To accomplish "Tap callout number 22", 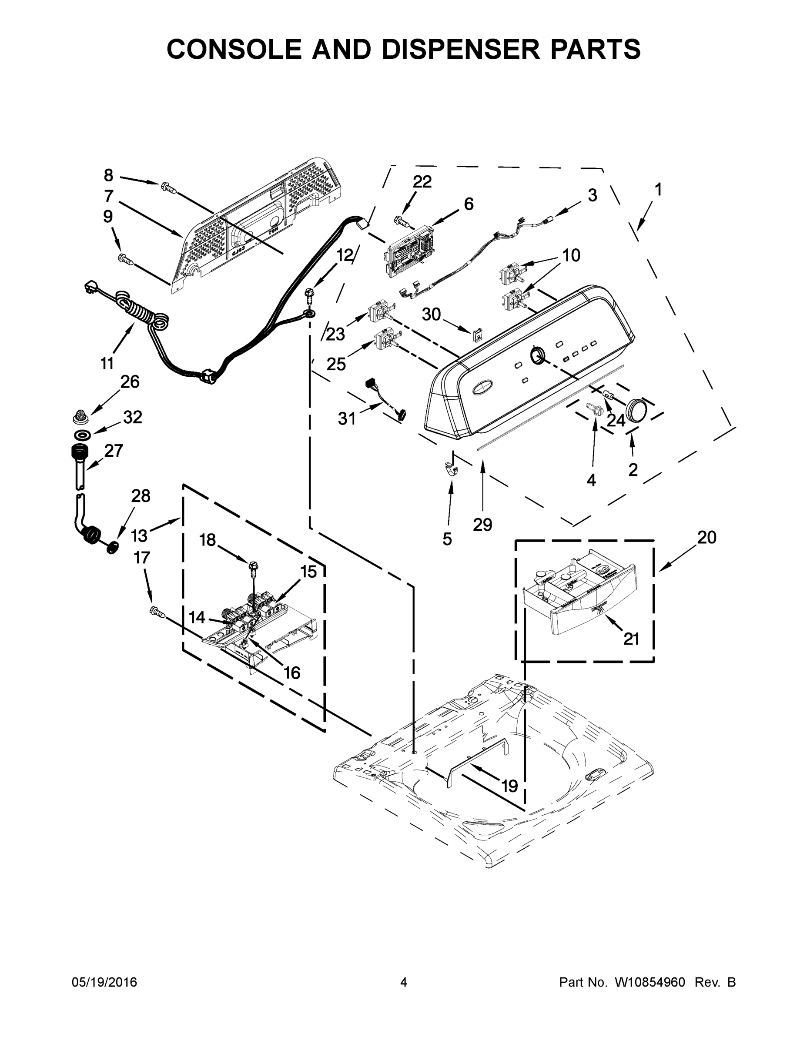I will coord(422,182).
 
